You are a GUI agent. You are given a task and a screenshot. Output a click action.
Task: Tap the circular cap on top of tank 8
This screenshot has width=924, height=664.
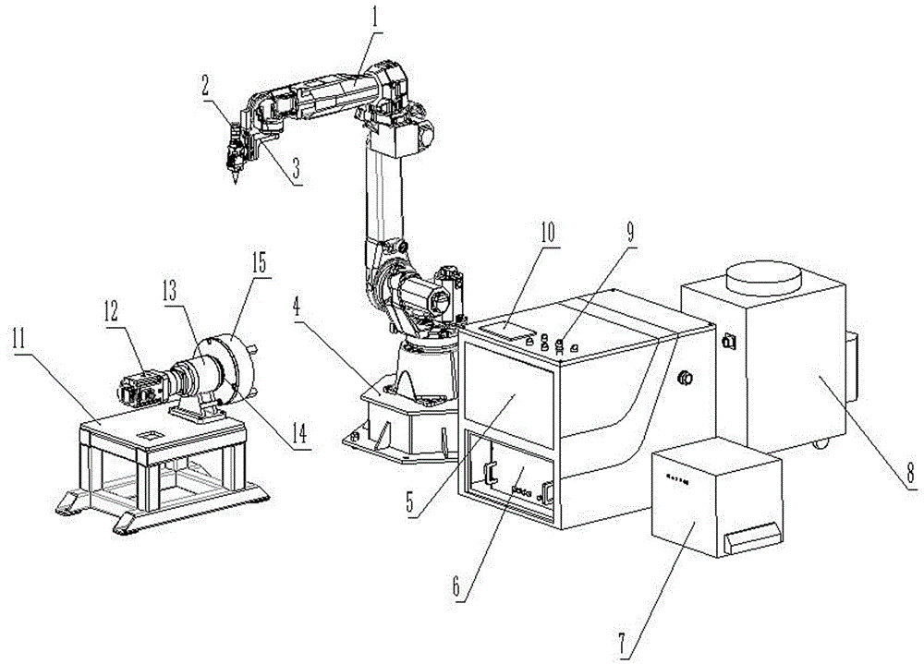click(763, 276)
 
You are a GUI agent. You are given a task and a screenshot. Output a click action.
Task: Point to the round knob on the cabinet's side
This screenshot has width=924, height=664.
click(686, 377)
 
